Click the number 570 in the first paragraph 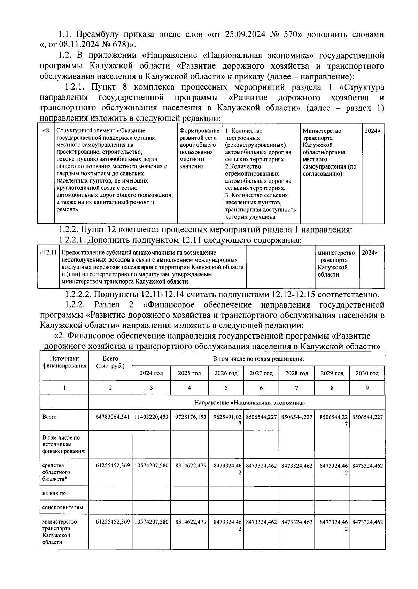coord(289,34)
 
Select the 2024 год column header coord(151,373)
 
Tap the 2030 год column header coord(367,373)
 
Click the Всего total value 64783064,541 coord(110,417)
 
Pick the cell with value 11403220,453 coord(151,417)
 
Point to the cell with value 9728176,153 coord(189,417)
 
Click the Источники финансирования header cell coord(64,362)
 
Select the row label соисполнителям coord(63,507)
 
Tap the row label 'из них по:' coord(55,493)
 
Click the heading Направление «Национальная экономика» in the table coord(249,403)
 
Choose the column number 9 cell coord(367,388)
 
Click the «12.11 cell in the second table coord(48,253)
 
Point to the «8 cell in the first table coord(46,131)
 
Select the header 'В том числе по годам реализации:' coord(258,358)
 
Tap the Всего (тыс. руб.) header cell coord(110,362)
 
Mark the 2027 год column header coord(261,373)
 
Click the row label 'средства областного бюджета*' coord(56,472)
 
